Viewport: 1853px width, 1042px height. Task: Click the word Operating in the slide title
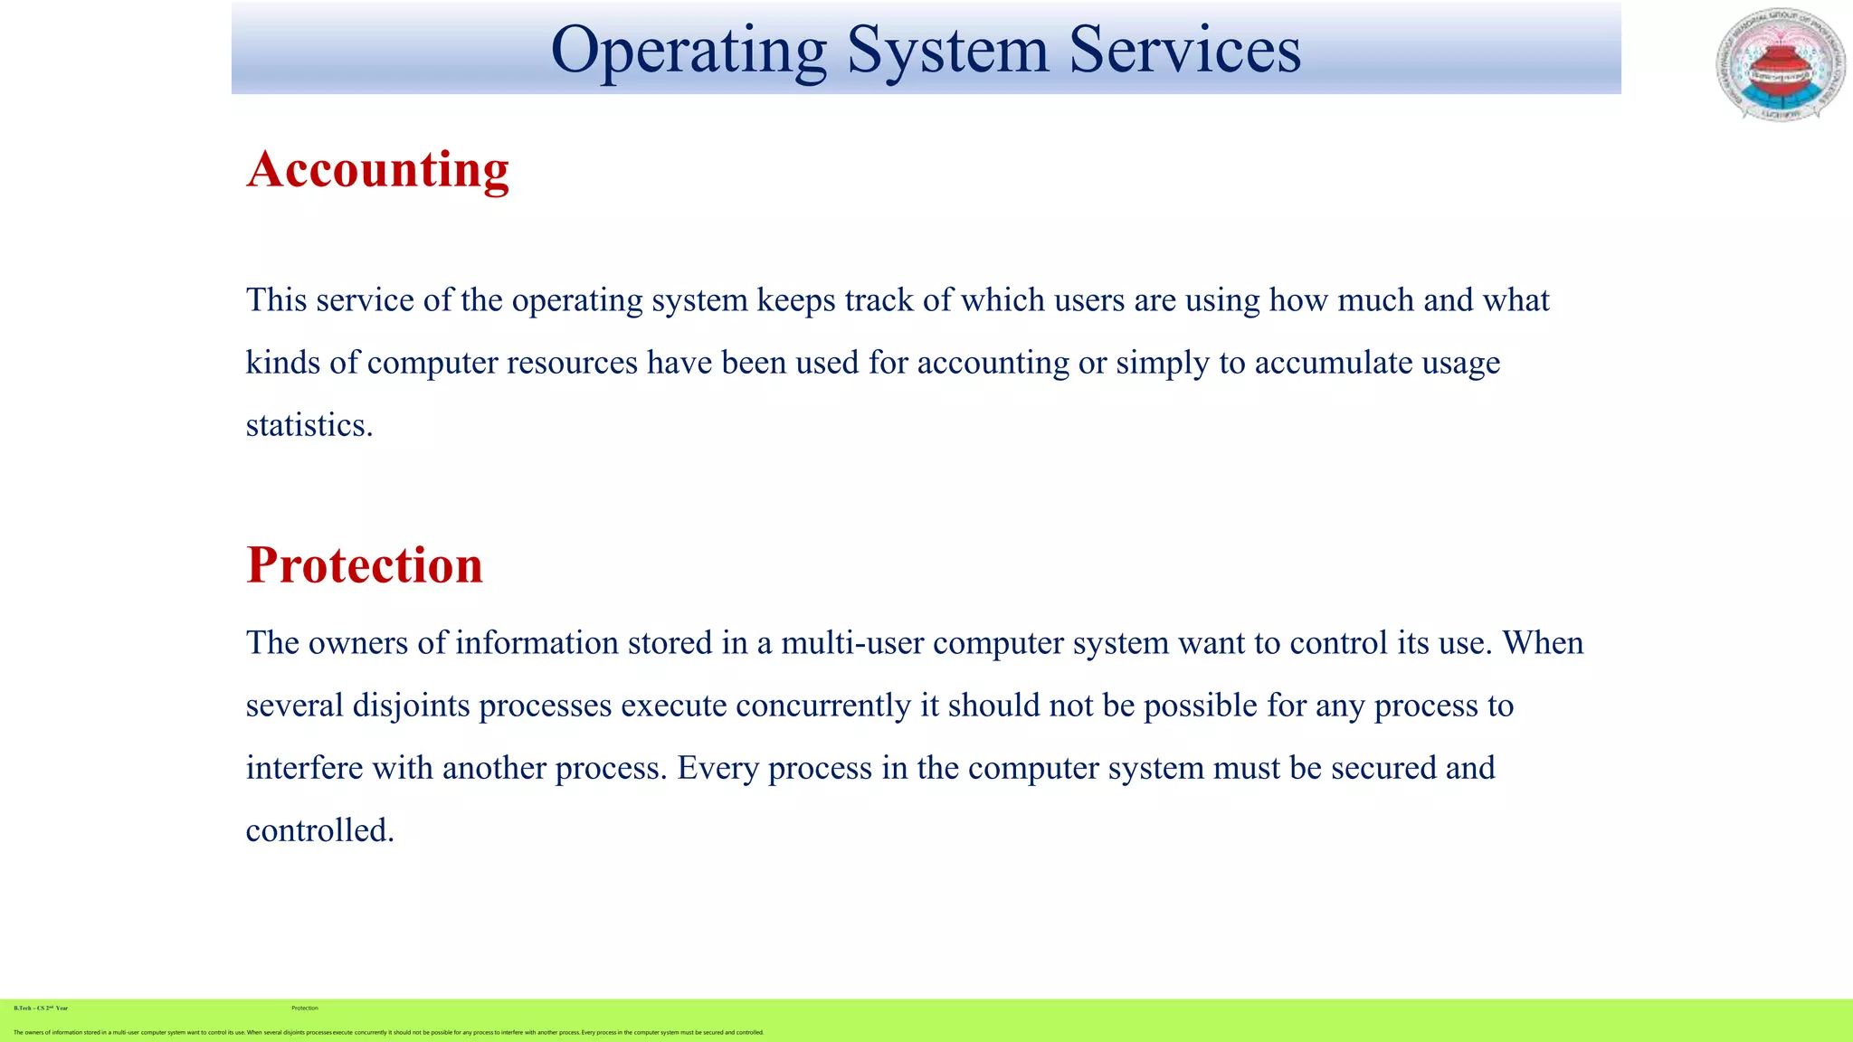coord(689,51)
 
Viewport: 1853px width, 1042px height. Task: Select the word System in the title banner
coord(947,51)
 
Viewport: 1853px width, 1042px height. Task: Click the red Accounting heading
coord(378,169)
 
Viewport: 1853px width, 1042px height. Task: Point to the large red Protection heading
coord(365,565)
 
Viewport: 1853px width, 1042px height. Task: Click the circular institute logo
coord(1781,65)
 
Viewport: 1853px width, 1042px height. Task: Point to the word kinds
coord(283,363)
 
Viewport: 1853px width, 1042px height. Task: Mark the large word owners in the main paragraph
coord(357,643)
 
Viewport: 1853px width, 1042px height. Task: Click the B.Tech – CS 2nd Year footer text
coord(41,1008)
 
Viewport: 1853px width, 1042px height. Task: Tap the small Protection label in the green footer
coord(305,1008)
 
